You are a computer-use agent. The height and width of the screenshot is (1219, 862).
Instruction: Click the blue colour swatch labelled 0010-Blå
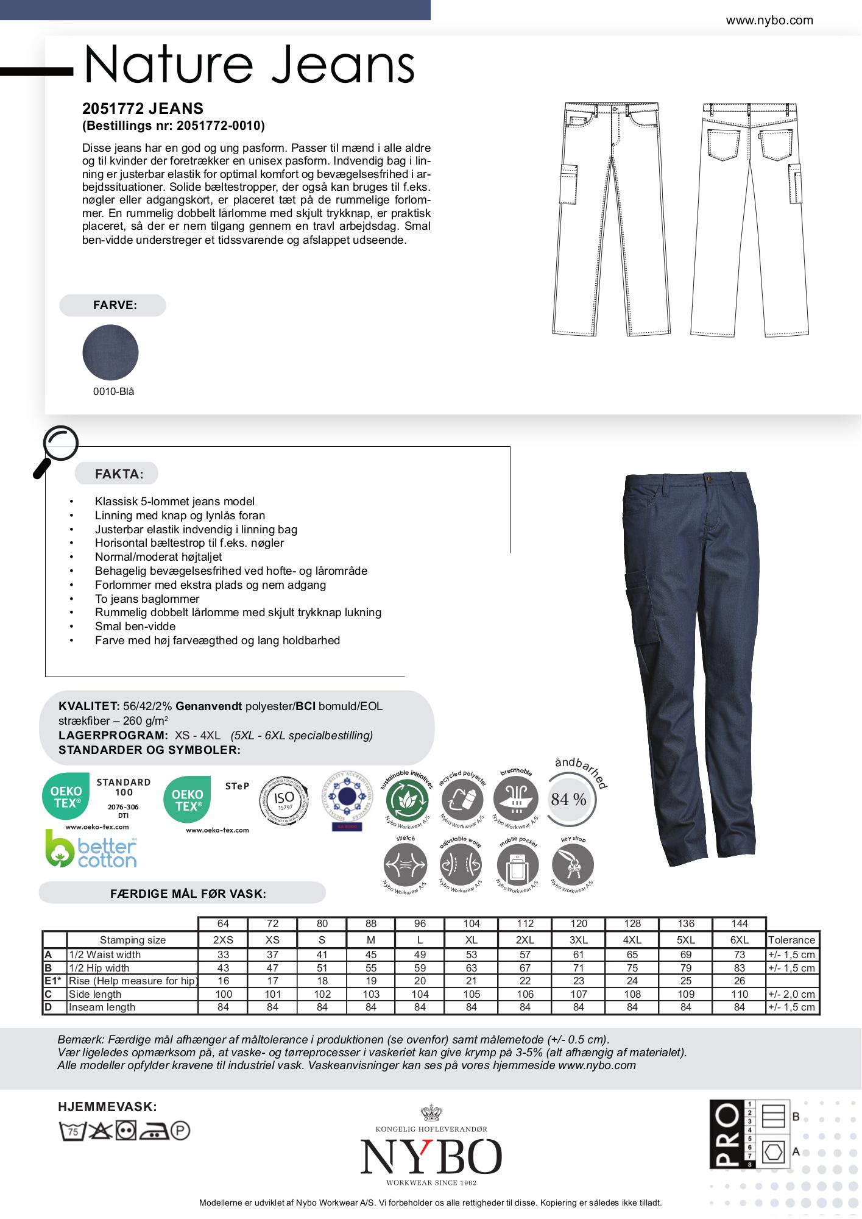pyautogui.click(x=110, y=352)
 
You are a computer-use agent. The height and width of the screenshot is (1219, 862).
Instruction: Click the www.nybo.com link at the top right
pyautogui.click(x=769, y=21)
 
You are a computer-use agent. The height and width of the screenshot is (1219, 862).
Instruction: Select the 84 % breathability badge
pyautogui.click(x=568, y=799)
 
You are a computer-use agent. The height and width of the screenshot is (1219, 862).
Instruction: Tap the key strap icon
pyautogui.click(x=572, y=865)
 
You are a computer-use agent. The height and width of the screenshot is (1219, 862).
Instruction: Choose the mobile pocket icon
pyautogui.click(x=517, y=865)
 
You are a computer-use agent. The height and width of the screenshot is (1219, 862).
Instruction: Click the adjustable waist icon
pyautogui.click(x=461, y=865)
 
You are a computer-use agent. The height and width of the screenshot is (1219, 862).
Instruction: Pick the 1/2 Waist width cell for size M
pyautogui.click(x=370, y=954)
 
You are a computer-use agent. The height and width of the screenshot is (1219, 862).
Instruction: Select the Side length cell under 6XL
pyautogui.click(x=739, y=994)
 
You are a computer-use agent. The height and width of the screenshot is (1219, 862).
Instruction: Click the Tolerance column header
pyautogui.click(x=791, y=940)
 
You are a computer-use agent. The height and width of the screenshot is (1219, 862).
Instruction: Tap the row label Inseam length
pyautogui.click(x=102, y=1007)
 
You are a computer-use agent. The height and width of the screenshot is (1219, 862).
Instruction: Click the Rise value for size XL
pyautogui.click(x=471, y=981)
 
